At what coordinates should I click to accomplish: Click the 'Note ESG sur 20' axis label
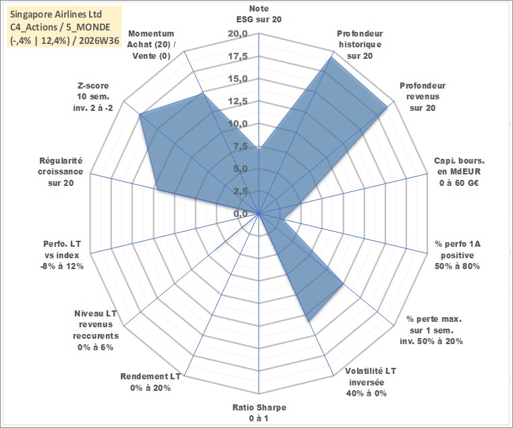pos(259,14)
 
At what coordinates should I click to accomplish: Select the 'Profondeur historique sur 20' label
pos(360,45)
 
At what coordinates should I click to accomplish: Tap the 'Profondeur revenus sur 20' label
pos(423,97)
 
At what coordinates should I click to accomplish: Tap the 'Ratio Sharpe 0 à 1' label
pos(259,413)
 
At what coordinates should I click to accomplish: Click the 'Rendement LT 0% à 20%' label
pos(150,382)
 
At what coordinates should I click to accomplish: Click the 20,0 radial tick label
pos(238,34)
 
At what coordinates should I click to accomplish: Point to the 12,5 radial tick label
pos(238,101)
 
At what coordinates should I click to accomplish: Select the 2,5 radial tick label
pos(240,191)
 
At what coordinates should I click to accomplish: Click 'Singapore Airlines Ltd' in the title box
pos(56,14)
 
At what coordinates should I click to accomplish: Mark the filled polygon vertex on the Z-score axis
pos(140,114)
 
